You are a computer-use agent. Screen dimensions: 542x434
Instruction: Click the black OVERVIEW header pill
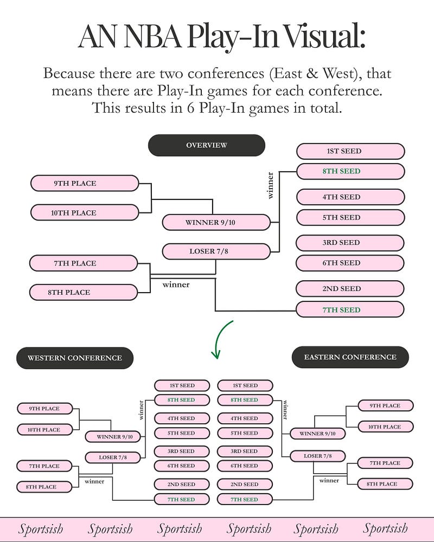[207, 145]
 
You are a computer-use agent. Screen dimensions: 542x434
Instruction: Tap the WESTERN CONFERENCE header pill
[75, 358]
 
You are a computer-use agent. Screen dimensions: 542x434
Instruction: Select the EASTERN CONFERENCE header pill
[350, 357]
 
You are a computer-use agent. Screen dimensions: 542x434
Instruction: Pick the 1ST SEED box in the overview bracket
[350, 151]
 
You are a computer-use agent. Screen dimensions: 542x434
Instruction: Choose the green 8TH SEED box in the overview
[350, 171]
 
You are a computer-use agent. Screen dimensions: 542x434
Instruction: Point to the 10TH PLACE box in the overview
[85, 212]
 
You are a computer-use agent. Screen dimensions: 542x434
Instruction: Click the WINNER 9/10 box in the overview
[216, 222]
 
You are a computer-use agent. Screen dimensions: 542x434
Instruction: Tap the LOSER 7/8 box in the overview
[216, 251]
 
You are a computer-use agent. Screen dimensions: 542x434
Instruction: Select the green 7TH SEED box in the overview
[350, 309]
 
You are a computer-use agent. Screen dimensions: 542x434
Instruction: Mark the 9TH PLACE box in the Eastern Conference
[385, 405]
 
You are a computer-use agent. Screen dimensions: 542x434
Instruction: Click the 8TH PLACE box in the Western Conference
[44, 487]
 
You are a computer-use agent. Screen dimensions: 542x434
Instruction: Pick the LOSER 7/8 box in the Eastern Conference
[317, 456]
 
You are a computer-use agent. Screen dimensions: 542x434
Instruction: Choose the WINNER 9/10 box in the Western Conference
[112, 436]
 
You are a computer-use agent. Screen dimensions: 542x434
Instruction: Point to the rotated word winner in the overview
[271, 185]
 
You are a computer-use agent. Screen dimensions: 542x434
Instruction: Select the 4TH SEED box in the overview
[350, 197]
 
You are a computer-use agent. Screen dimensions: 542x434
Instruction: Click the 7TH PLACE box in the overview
[83, 263]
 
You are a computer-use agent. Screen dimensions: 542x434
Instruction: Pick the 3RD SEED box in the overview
[350, 243]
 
